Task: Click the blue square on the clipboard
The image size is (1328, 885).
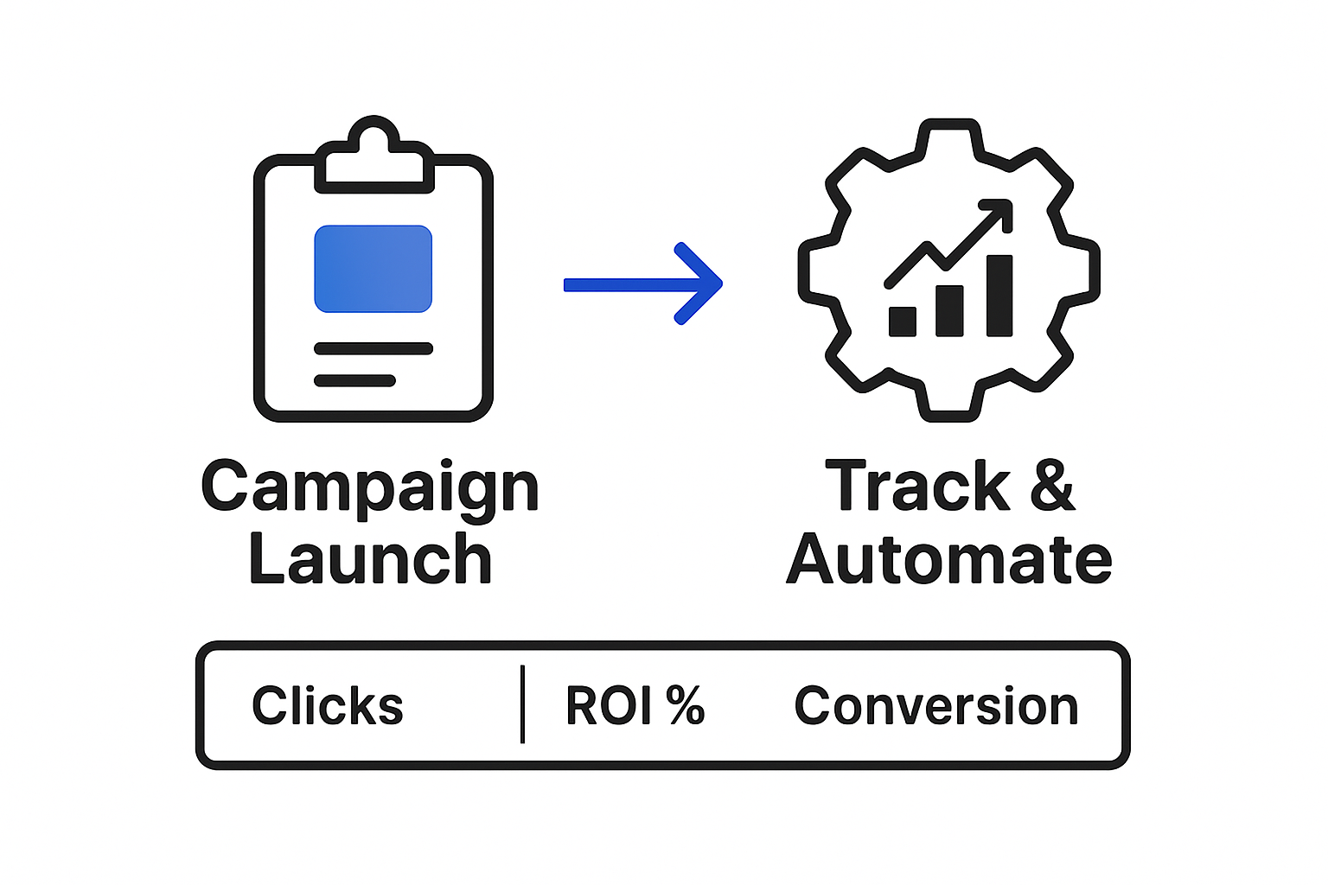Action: pos(373,269)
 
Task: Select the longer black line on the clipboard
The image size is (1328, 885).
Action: pos(373,348)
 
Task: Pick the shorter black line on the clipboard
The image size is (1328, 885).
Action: pos(354,380)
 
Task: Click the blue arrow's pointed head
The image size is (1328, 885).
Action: pos(709,283)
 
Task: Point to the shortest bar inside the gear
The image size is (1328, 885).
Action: pos(903,321)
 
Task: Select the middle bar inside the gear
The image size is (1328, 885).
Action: pos(949,310)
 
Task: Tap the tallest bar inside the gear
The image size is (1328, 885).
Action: pos(999,295)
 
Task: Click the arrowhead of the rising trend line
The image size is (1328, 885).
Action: pos(998,213)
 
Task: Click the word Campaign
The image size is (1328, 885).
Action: pos(370,487)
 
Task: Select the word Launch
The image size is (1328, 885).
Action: pos(370,560)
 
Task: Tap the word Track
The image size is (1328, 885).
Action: pos(917,487)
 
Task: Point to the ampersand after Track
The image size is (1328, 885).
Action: pos(1052,486)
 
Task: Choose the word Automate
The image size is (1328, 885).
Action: pos(948,560)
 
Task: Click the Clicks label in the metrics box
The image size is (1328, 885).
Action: pos(328,706)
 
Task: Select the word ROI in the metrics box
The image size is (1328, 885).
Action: pos(609,706)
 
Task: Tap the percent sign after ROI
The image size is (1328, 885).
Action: pos(686,705)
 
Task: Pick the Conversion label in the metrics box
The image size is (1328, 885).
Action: pos(936,706)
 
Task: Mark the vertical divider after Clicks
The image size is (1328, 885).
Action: pos(522,704)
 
